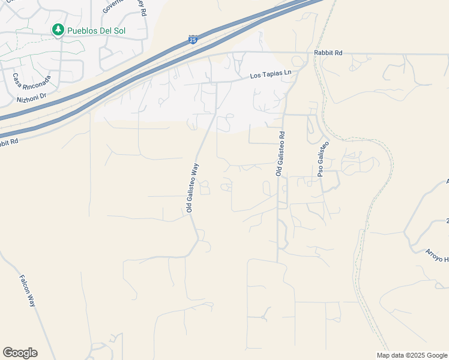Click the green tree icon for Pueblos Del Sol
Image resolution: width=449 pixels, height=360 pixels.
[x=58, y=29]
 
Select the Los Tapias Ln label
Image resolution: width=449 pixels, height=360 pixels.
[x=271, y=74]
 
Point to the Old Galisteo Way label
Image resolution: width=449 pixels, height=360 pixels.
[x=191, y=187]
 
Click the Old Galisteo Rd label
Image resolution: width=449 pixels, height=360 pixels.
[x=280, y=154]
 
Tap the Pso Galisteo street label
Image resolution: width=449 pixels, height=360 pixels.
[x=323, y=160]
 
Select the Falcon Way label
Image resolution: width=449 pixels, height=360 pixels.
[x=28, y=291]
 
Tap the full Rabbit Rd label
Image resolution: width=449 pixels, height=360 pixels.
[x=328, y=53]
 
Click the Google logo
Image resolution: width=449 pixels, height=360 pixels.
[x=20, y=353]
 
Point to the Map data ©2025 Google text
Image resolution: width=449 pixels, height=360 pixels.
[x=412, y=355]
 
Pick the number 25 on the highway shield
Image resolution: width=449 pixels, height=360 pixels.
[x=193, y=40]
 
